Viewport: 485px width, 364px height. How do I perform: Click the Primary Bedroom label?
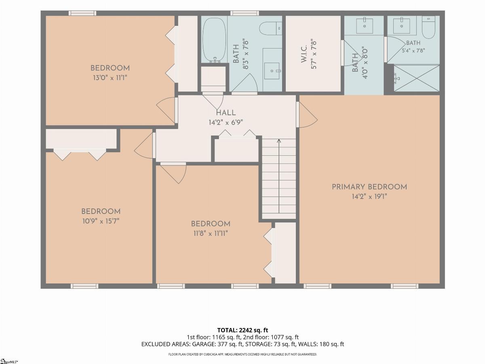(369, 187)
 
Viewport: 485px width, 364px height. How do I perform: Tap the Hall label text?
(226, 113)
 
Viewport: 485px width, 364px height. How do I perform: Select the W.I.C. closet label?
(304, 54)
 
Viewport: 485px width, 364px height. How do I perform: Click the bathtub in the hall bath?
(214, 40)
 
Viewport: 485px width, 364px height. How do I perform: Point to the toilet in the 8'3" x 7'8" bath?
(270, 28)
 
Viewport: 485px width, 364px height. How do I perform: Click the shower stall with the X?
(417, 78)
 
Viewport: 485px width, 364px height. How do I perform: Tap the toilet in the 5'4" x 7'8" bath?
(428, 28)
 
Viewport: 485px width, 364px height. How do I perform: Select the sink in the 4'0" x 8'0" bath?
(365, 26)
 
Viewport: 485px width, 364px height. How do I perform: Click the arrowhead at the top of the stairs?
(279, 141)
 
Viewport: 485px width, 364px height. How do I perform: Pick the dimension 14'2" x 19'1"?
(369, 197)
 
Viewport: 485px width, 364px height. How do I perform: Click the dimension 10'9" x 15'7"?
(101, 221)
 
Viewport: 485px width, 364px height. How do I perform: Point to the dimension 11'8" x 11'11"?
(211, 233)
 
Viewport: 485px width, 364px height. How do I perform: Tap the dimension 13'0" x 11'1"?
(110, 78)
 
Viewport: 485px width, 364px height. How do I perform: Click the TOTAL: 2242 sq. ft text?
(242, 330)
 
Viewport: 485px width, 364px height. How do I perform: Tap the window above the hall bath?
(245, 13)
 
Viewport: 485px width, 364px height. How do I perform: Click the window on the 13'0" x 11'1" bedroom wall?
(82, 13)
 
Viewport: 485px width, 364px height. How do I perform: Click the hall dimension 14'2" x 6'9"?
(226, 122)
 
